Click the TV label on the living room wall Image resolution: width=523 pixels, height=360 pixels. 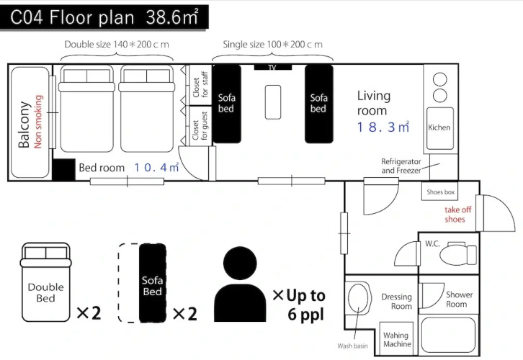272,68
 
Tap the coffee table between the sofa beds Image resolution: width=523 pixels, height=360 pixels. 273,102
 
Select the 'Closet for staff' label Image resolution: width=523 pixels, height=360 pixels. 200,85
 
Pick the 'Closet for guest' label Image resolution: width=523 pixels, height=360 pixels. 200,125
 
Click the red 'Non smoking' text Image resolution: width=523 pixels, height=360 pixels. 39,122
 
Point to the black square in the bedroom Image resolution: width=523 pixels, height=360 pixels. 64,170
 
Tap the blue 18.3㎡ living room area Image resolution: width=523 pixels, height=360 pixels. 383,127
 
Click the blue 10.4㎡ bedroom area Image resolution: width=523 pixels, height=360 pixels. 156,167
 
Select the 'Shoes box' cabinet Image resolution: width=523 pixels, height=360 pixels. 440,192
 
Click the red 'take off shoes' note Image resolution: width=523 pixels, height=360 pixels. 457,215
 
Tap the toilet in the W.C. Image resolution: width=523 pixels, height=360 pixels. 458,254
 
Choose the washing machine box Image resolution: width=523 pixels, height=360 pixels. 397,338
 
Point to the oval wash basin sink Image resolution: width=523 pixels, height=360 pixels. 359,297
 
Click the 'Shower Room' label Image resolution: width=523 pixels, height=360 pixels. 459,300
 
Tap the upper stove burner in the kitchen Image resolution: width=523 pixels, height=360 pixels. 439,80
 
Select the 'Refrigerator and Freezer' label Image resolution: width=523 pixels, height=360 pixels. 401,166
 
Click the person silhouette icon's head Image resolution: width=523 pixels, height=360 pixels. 240,263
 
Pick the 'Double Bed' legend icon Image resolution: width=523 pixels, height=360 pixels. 45,282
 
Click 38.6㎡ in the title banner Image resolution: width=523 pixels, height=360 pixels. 172,17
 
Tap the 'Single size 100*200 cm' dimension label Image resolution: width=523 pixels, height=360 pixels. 272,45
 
